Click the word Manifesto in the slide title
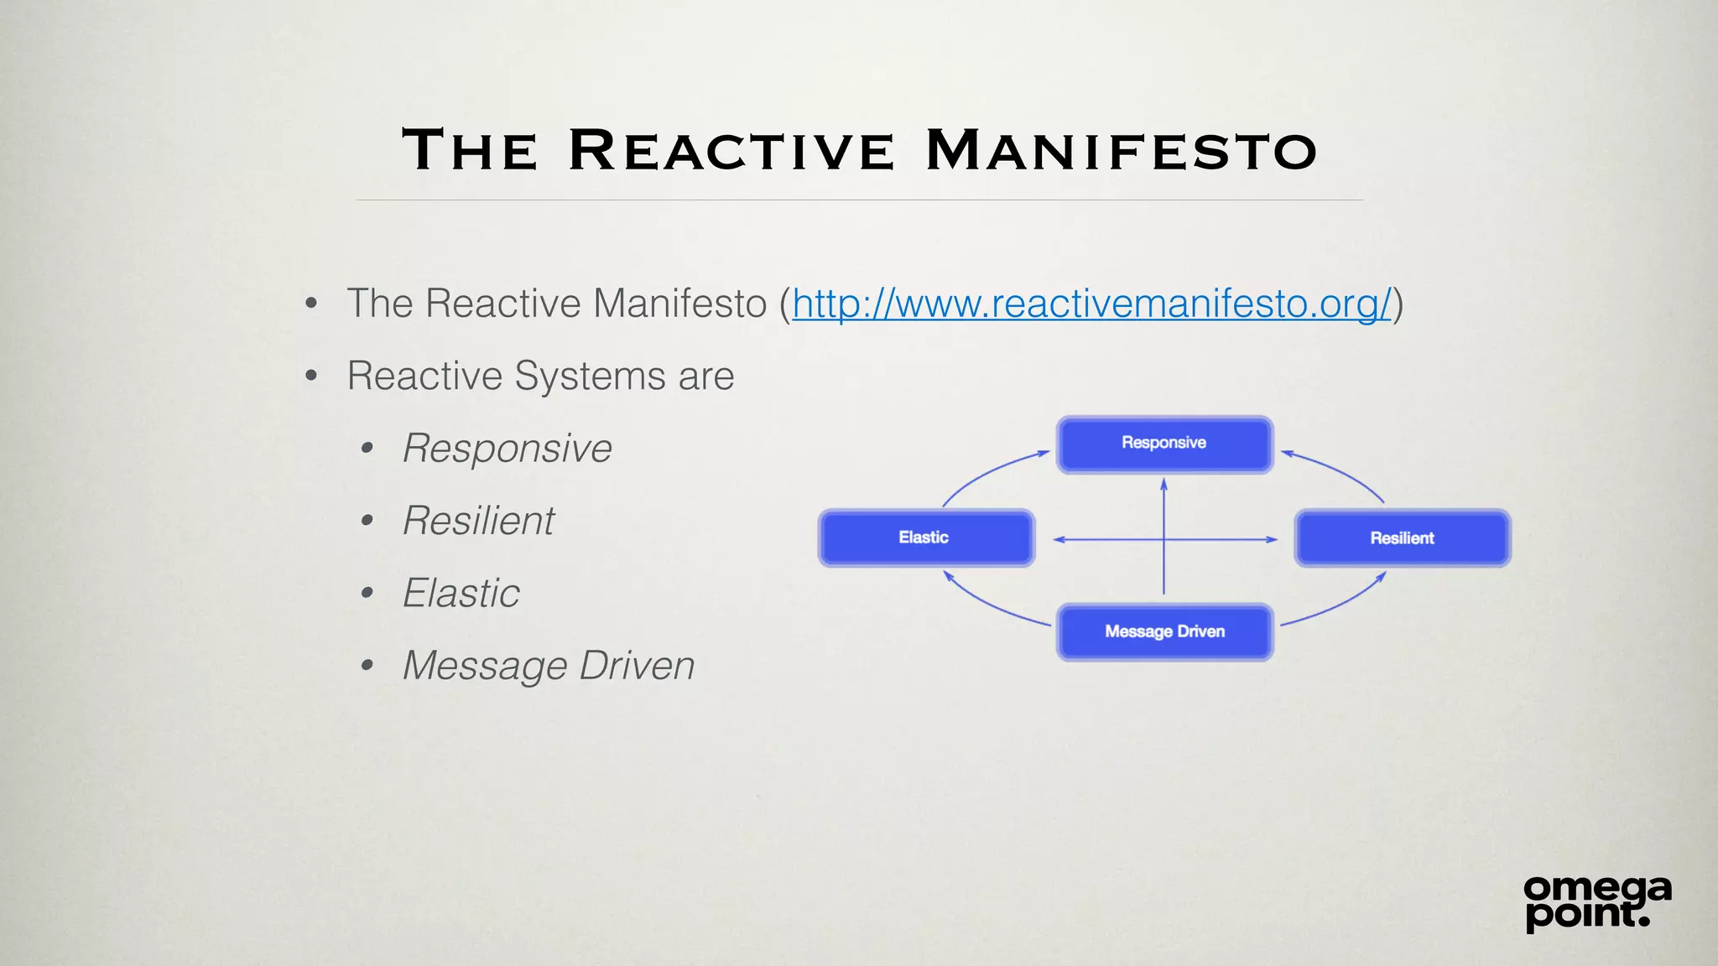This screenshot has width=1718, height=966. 1121,151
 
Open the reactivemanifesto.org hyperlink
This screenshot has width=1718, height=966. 1091,304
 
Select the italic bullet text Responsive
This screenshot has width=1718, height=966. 508,449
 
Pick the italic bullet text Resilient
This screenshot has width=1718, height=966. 479,521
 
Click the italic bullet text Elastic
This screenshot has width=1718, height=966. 461,594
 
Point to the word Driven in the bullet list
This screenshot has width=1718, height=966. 637,666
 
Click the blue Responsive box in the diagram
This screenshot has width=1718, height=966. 1164,444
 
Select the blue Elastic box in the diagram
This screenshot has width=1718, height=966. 926,538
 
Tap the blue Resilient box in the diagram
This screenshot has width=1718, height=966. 1402,538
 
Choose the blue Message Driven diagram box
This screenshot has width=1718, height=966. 1164,632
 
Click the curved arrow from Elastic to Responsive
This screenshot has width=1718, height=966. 986,475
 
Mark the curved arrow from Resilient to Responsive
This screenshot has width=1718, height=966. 1342,474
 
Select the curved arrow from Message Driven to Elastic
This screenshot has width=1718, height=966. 990,605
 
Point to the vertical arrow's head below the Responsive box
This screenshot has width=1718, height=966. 1164,485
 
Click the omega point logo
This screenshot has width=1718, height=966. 1596,902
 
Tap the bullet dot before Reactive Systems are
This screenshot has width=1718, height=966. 311,376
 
